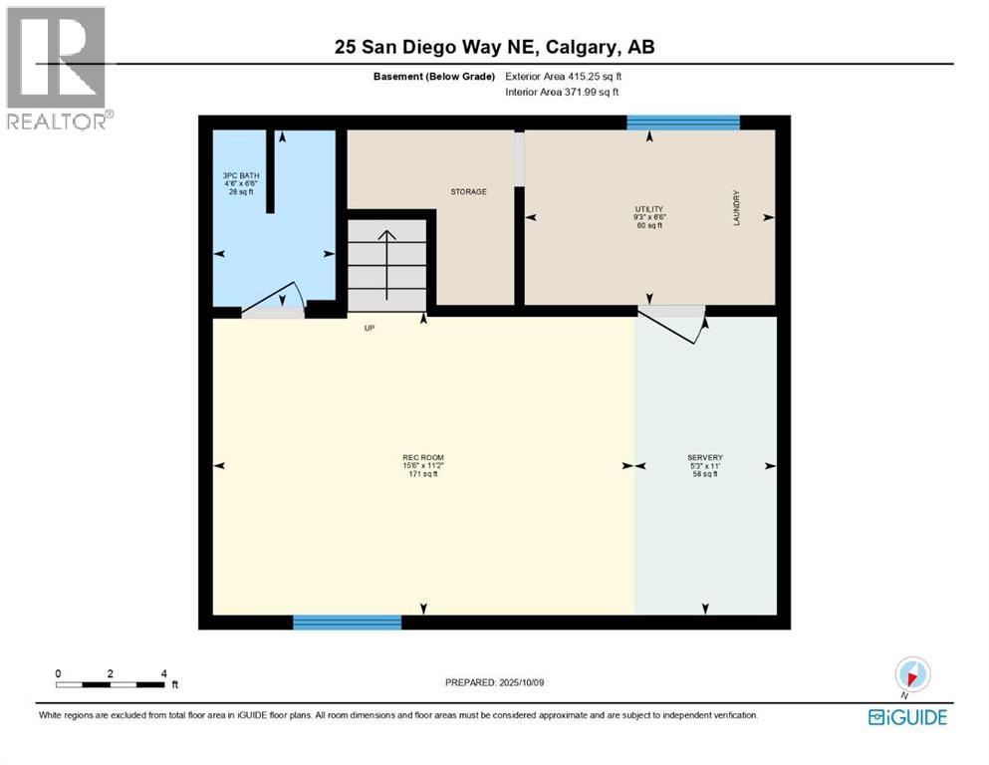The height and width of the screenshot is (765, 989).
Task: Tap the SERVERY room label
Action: click(705, 458)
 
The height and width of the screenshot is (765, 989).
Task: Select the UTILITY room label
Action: click(648, 209)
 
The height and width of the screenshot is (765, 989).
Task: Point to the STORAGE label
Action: click(468, 191)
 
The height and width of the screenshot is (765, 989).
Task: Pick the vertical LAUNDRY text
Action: click(737, 208)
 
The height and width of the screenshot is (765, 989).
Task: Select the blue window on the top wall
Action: click(683, 123)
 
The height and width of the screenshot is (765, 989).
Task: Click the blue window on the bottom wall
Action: click(347, 623)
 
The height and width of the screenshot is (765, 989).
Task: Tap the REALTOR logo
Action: click(58, 68)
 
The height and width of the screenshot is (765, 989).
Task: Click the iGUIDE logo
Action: click(907, 717)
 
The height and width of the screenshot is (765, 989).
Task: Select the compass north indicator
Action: click(912, 673)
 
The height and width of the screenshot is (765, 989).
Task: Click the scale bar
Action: click(111, 684)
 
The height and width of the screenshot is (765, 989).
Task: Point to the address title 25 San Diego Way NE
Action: click(494, 47)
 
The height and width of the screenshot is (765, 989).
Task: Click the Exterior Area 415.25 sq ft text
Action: click(564, 76)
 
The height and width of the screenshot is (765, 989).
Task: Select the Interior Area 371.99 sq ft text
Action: click(562, 93)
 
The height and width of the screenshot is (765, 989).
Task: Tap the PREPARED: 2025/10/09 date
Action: click(494, 682)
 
